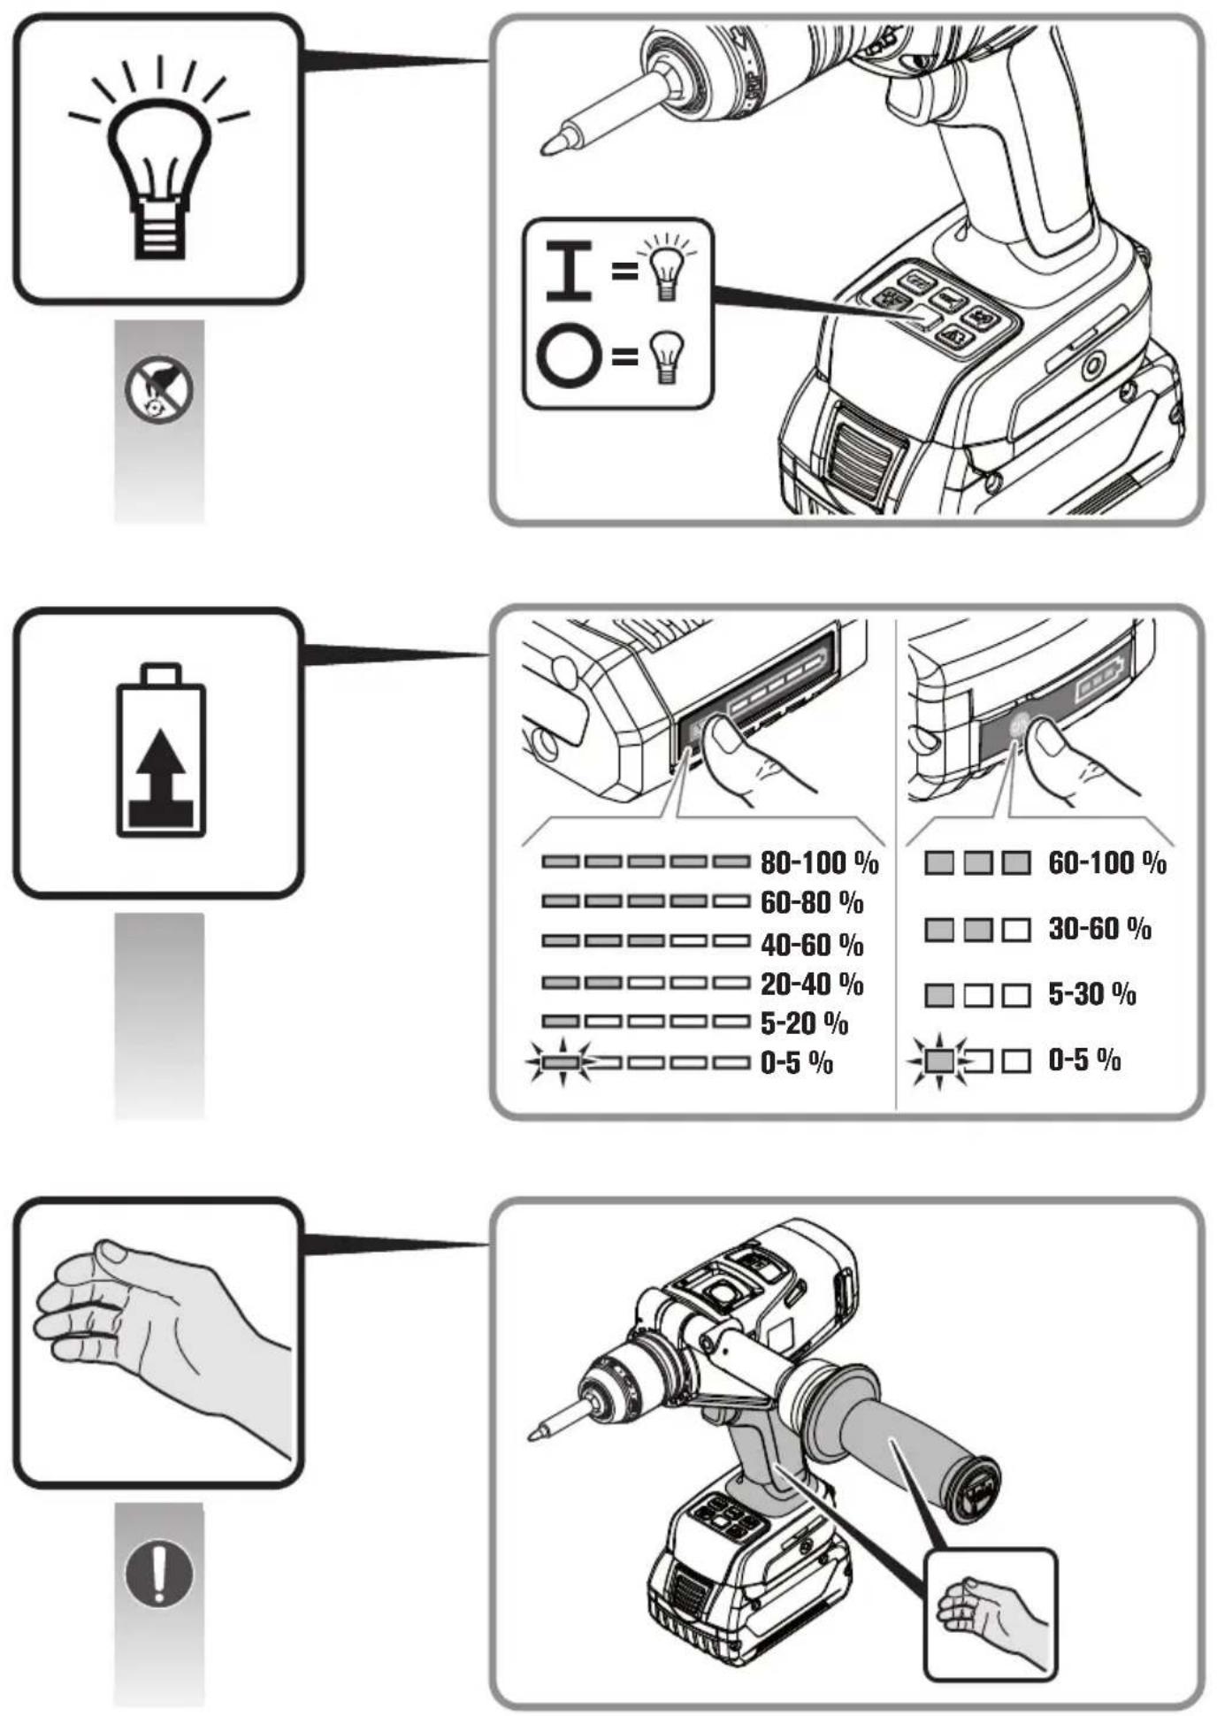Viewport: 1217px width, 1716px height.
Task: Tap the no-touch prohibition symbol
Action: pos(158,389)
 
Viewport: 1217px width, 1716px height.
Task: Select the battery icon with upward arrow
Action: pos(161,749)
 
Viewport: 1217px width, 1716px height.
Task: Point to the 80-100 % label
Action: pos(819,862)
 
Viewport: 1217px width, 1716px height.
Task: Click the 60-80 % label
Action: pos(812,902)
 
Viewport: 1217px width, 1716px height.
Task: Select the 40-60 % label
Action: pos(812,944)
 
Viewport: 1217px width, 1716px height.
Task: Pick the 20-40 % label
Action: pos(812,984)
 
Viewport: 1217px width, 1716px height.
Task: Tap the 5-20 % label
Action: pos(804,1023)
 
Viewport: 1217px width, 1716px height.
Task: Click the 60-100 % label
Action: pos(1107,862)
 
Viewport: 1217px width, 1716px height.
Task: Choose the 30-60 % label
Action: pos(1099,929)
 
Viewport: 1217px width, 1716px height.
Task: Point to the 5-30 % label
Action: pos(1092,994)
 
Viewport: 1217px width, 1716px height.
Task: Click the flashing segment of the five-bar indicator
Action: pos(561,1061)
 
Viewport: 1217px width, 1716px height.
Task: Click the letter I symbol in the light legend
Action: pos(569,270)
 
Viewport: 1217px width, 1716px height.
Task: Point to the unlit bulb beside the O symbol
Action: pos(667,356)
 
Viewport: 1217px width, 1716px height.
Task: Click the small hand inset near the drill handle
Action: pos(991,1614)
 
